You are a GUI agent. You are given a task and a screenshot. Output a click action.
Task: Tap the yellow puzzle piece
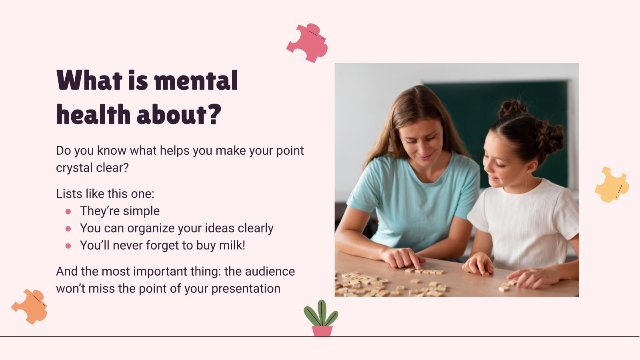(611, 184)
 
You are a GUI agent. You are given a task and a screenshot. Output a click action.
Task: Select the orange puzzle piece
(30, 306)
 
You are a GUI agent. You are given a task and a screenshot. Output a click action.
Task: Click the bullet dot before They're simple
(68, 211)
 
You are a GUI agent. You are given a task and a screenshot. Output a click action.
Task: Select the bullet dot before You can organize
(68, 228)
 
